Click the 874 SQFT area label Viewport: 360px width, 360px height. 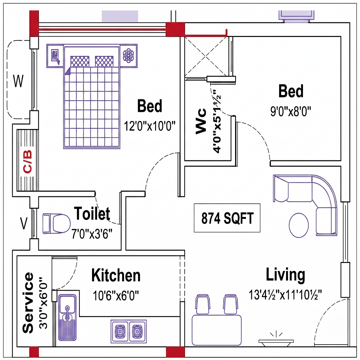tap(227, 218)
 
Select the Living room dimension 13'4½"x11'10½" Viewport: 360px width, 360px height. tap(285, 295)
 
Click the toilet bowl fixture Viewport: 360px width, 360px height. tap(56, 224)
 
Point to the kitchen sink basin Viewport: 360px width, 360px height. tap(67, 304)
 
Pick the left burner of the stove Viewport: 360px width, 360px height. tap(120, 331)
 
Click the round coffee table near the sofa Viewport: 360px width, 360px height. tap(299, 225)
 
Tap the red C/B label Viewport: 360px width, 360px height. tap(27, 161)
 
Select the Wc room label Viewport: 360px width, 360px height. tap(201, 121)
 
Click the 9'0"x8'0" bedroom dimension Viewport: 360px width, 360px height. tap(291, 112)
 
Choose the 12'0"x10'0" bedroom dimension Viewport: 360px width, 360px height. tap(149, 126)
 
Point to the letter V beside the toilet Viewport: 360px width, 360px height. tap(24, 223)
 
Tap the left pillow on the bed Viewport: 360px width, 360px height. tap(80, 62)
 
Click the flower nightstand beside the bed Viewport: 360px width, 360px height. tap(129, 56)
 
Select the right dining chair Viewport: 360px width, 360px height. tap(231, 304)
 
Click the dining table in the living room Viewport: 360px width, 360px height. tap(217, 330)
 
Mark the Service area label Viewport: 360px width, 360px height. tap(28, 303)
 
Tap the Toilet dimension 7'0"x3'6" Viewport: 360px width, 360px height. tap(92, 234)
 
